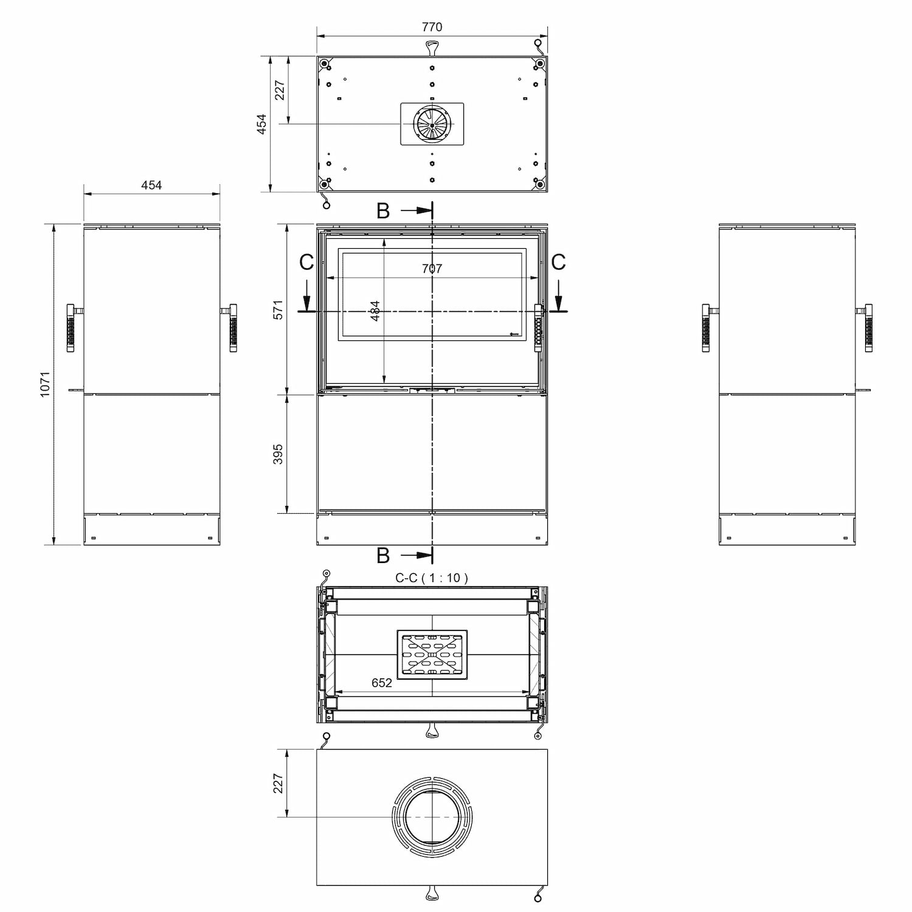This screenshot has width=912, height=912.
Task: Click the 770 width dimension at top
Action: [432, 27]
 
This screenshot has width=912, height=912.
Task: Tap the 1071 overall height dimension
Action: [45, 384]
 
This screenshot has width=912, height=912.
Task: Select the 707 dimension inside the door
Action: [432, 268]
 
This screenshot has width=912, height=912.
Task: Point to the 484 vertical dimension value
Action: [375, 311]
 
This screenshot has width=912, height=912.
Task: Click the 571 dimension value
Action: [278, 309]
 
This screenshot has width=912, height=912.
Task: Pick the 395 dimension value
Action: [278, 454]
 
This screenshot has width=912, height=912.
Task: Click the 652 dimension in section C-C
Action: [381, 683]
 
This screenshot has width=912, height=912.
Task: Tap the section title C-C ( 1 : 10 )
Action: [432, 578]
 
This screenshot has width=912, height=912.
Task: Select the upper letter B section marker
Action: [383, 210]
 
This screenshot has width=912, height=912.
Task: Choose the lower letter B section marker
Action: [383, 555]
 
